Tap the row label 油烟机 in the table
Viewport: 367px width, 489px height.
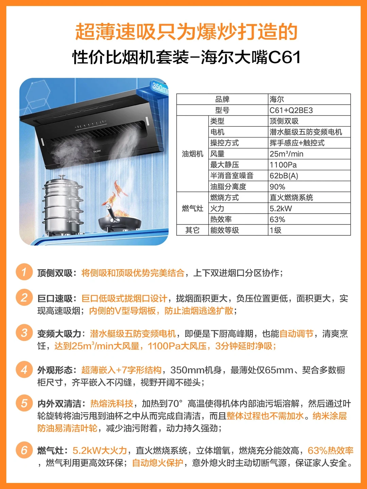(x=193, y=154)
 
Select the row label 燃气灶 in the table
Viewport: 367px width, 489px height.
(x=193, y=209)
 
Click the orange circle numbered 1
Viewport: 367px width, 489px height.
(x=24, y=272)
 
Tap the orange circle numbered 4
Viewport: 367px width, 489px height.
(x=24, y=369)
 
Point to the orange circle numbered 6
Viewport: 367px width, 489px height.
(x=24, y=450)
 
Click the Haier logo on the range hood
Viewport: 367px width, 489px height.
(x=97, y=151)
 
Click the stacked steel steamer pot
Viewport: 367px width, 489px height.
(x=64, y=205)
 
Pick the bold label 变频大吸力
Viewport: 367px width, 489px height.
(x=59, y=334)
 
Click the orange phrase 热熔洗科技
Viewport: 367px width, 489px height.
(x=112, y=403)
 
